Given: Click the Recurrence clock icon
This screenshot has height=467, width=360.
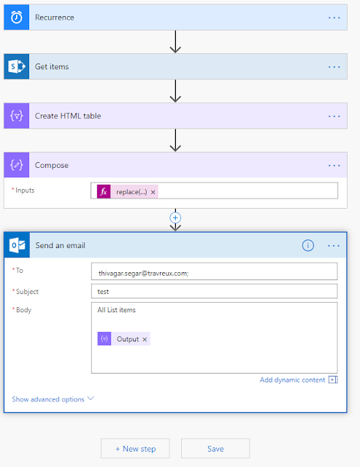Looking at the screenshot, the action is tap(16, 18).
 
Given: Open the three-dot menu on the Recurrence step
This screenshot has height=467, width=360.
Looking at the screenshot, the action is tap(334, 18).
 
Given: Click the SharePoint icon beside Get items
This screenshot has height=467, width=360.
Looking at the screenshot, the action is tap(16, 66).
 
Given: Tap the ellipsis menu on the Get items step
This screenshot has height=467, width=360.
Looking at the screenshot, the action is tap(334, 67).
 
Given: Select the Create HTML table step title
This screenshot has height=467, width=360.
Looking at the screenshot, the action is tap(68, 116).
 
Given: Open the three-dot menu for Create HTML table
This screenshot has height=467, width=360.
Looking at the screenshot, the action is tap(334, 116).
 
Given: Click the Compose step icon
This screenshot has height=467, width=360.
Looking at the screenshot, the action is tap(16, 165).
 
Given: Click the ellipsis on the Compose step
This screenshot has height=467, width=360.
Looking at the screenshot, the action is tap(334, 166).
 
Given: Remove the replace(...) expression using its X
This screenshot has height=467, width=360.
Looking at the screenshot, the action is tap(153, 192).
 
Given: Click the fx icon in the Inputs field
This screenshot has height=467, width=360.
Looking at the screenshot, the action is tap(104, 191).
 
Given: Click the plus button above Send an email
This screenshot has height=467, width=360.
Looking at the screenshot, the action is tap(175, 218).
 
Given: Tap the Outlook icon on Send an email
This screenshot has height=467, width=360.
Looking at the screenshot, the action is tap(17, 245).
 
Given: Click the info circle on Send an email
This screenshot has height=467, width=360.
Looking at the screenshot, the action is tap(308, 245).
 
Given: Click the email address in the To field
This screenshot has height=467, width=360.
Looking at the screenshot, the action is tap(143, 273).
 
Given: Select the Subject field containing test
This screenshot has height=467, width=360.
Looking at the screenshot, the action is tap(214, 291).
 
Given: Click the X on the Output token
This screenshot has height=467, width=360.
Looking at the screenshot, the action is tap(145, 339).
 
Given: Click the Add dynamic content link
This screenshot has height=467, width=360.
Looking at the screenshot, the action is tap(292, 379).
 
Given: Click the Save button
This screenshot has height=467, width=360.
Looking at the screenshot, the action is tap(215, 449).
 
